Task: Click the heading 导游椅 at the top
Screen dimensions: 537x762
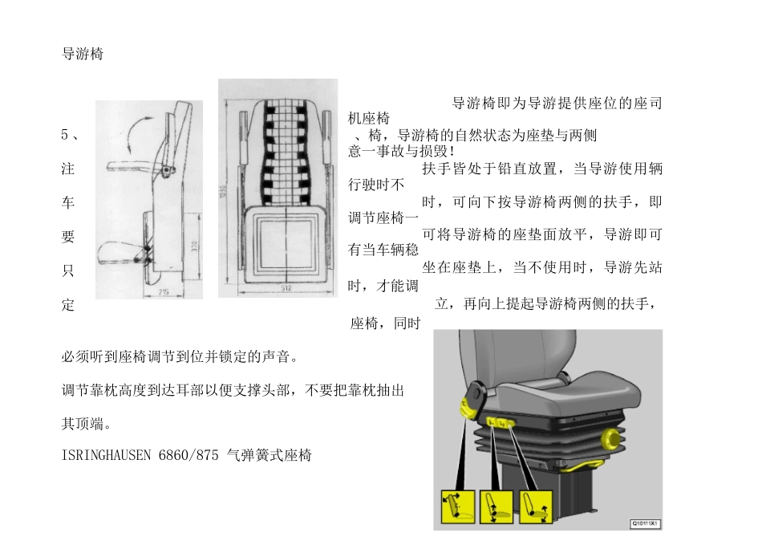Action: coord(82,55)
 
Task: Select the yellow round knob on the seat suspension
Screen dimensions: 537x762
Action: coord(614,437)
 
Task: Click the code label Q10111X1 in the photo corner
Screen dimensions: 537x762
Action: coord(644,523)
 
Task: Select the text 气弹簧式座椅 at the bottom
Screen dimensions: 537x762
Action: coord(269,455)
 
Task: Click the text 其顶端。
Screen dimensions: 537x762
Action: coord(87,423)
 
